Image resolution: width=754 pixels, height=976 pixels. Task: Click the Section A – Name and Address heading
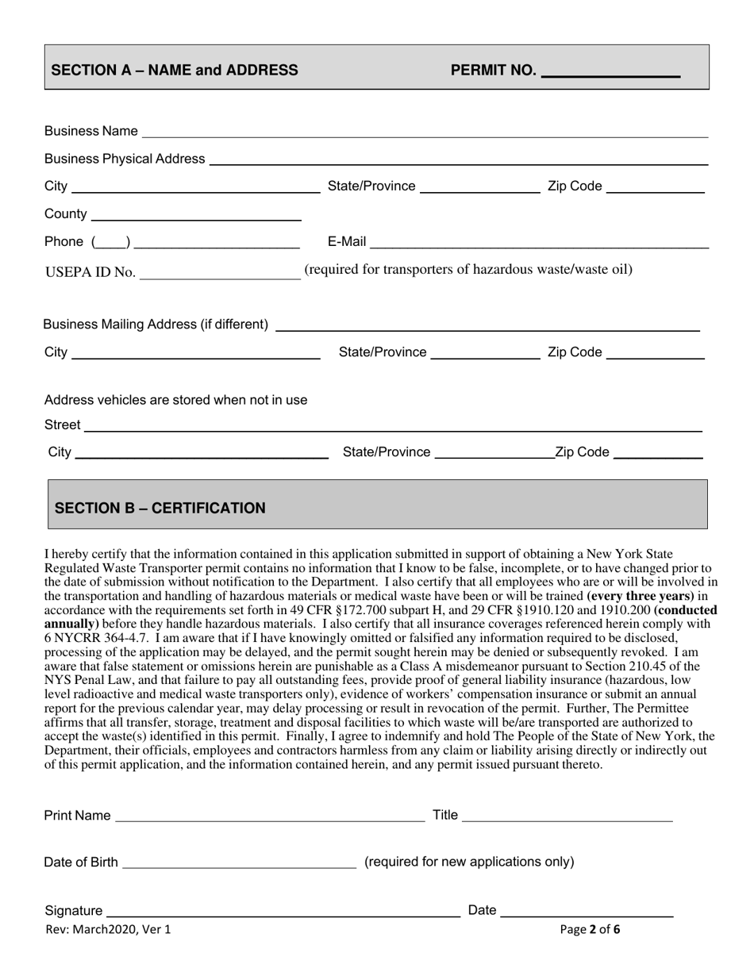[x=175, y=70]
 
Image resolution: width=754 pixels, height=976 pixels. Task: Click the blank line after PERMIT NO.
[x=610, y=74]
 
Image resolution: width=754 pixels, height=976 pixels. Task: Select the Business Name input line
[x=425, y=136]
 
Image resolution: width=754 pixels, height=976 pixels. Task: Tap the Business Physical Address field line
[x=458, y=163]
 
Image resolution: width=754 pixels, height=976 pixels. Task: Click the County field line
[x=197, y=218]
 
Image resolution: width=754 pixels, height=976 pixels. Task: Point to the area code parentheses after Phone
[x=111, y=242]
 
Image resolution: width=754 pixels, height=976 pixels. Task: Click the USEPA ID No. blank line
[x=219, y=277]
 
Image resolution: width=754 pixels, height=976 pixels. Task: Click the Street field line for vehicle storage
[x=393, y=430]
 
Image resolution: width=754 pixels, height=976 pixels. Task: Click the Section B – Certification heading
[x=160, y=509]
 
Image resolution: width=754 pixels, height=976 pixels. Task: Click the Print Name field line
[x=270, y=820]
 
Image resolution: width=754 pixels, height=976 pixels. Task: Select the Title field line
[x=567, y=820]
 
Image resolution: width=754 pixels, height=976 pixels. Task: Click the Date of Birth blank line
[x=239, y=866]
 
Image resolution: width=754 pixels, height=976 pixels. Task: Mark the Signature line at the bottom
[x=283, y=915]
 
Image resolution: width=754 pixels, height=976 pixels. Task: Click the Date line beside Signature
[x=587, y=915]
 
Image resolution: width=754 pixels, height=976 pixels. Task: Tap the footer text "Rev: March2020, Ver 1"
[x=108, y=929]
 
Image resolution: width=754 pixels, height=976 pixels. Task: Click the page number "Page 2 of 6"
[x=590, y=929]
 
